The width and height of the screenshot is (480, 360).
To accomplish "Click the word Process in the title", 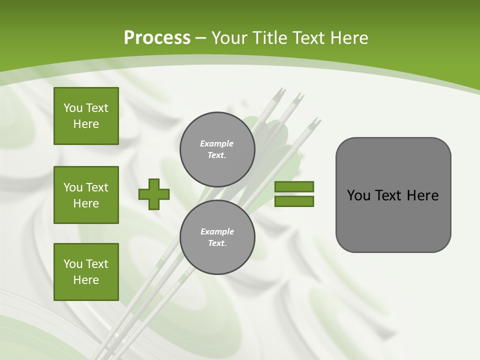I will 157,38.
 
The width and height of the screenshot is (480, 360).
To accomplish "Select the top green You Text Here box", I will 86,116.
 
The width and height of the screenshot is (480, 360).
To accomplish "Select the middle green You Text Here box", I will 86,195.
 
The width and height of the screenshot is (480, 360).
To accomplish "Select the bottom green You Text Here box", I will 86,272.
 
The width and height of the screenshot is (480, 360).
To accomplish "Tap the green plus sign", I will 154,194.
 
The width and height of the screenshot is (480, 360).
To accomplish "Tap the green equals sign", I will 294,194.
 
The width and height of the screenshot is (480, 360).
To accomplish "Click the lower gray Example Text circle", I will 217,237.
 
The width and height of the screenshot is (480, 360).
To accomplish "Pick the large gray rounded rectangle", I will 393,195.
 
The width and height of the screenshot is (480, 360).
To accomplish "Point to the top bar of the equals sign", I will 294,187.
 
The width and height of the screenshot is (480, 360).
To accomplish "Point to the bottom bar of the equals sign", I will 294,201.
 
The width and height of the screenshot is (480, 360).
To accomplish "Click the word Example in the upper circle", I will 217,143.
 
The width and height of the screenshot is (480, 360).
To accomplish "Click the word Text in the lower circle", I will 217,243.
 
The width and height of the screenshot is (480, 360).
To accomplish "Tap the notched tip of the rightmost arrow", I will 315,122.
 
